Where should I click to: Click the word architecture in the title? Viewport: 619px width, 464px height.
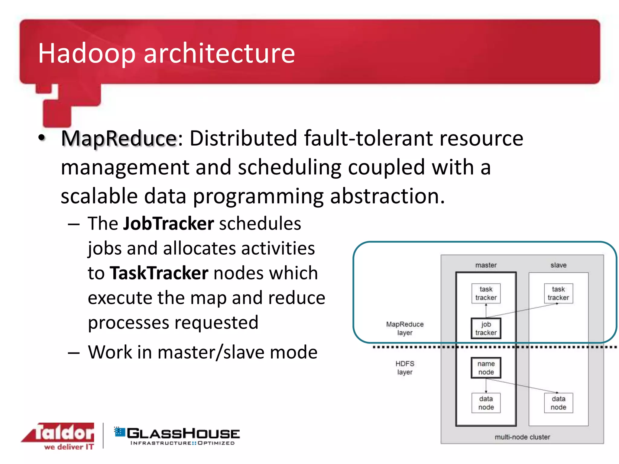(219, 53)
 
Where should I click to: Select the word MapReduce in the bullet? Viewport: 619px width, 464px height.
(119, 138)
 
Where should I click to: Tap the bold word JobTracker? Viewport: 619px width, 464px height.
(168, 224)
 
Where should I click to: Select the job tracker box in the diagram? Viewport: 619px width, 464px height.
(486, 328)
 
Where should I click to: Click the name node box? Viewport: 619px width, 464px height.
(486, 368)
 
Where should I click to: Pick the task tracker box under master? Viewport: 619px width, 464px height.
(486, 293)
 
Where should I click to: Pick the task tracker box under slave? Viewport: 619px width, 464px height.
(558, 293)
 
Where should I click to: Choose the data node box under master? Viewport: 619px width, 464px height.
(486, 403)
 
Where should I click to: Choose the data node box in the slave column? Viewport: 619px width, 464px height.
(558, 403)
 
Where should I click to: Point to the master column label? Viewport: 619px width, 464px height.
(486, 265)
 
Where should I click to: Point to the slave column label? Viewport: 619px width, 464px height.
(558, 265)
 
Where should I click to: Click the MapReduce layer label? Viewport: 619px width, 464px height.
(405, 328)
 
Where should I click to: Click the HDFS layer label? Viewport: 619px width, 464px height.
(405, 368)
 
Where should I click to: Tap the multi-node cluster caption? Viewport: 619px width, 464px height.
(522, 437)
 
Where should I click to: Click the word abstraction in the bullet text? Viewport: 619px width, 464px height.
(387, 196)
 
